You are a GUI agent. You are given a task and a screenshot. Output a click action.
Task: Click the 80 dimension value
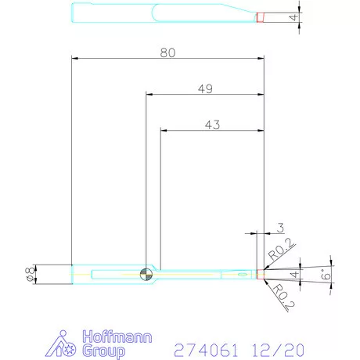(167, 52)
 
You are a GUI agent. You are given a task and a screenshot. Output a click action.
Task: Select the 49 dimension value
(205, 88)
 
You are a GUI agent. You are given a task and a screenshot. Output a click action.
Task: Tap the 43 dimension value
(212, 124)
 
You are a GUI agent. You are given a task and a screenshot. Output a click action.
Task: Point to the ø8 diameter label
(30, 274)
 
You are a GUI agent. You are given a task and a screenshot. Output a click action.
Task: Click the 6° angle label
(326, 275)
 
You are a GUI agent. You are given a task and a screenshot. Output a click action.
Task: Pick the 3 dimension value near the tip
(280, 228)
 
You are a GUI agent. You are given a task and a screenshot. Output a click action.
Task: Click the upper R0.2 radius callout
(280, 249)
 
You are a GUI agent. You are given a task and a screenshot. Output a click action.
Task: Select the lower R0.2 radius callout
(284, 296)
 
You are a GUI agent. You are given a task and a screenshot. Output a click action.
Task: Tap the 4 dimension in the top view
(293, 17)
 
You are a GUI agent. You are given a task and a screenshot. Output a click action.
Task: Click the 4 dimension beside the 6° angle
(294, 274)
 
